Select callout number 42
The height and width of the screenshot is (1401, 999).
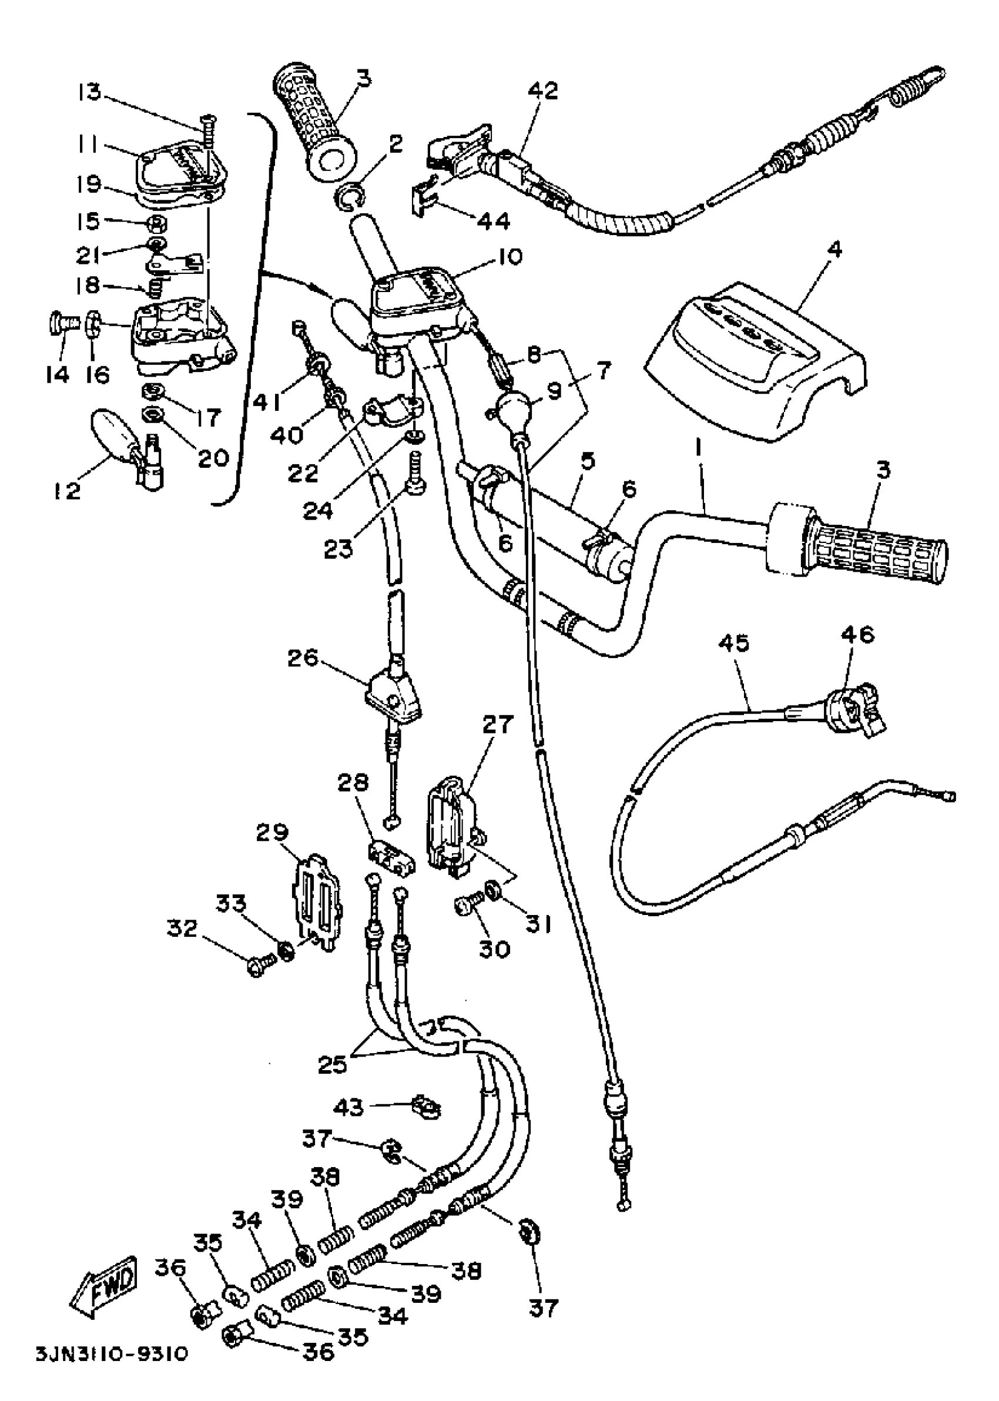pos(542,91)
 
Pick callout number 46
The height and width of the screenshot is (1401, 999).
pos(859,635)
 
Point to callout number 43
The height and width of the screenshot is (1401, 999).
pos(349,1108)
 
